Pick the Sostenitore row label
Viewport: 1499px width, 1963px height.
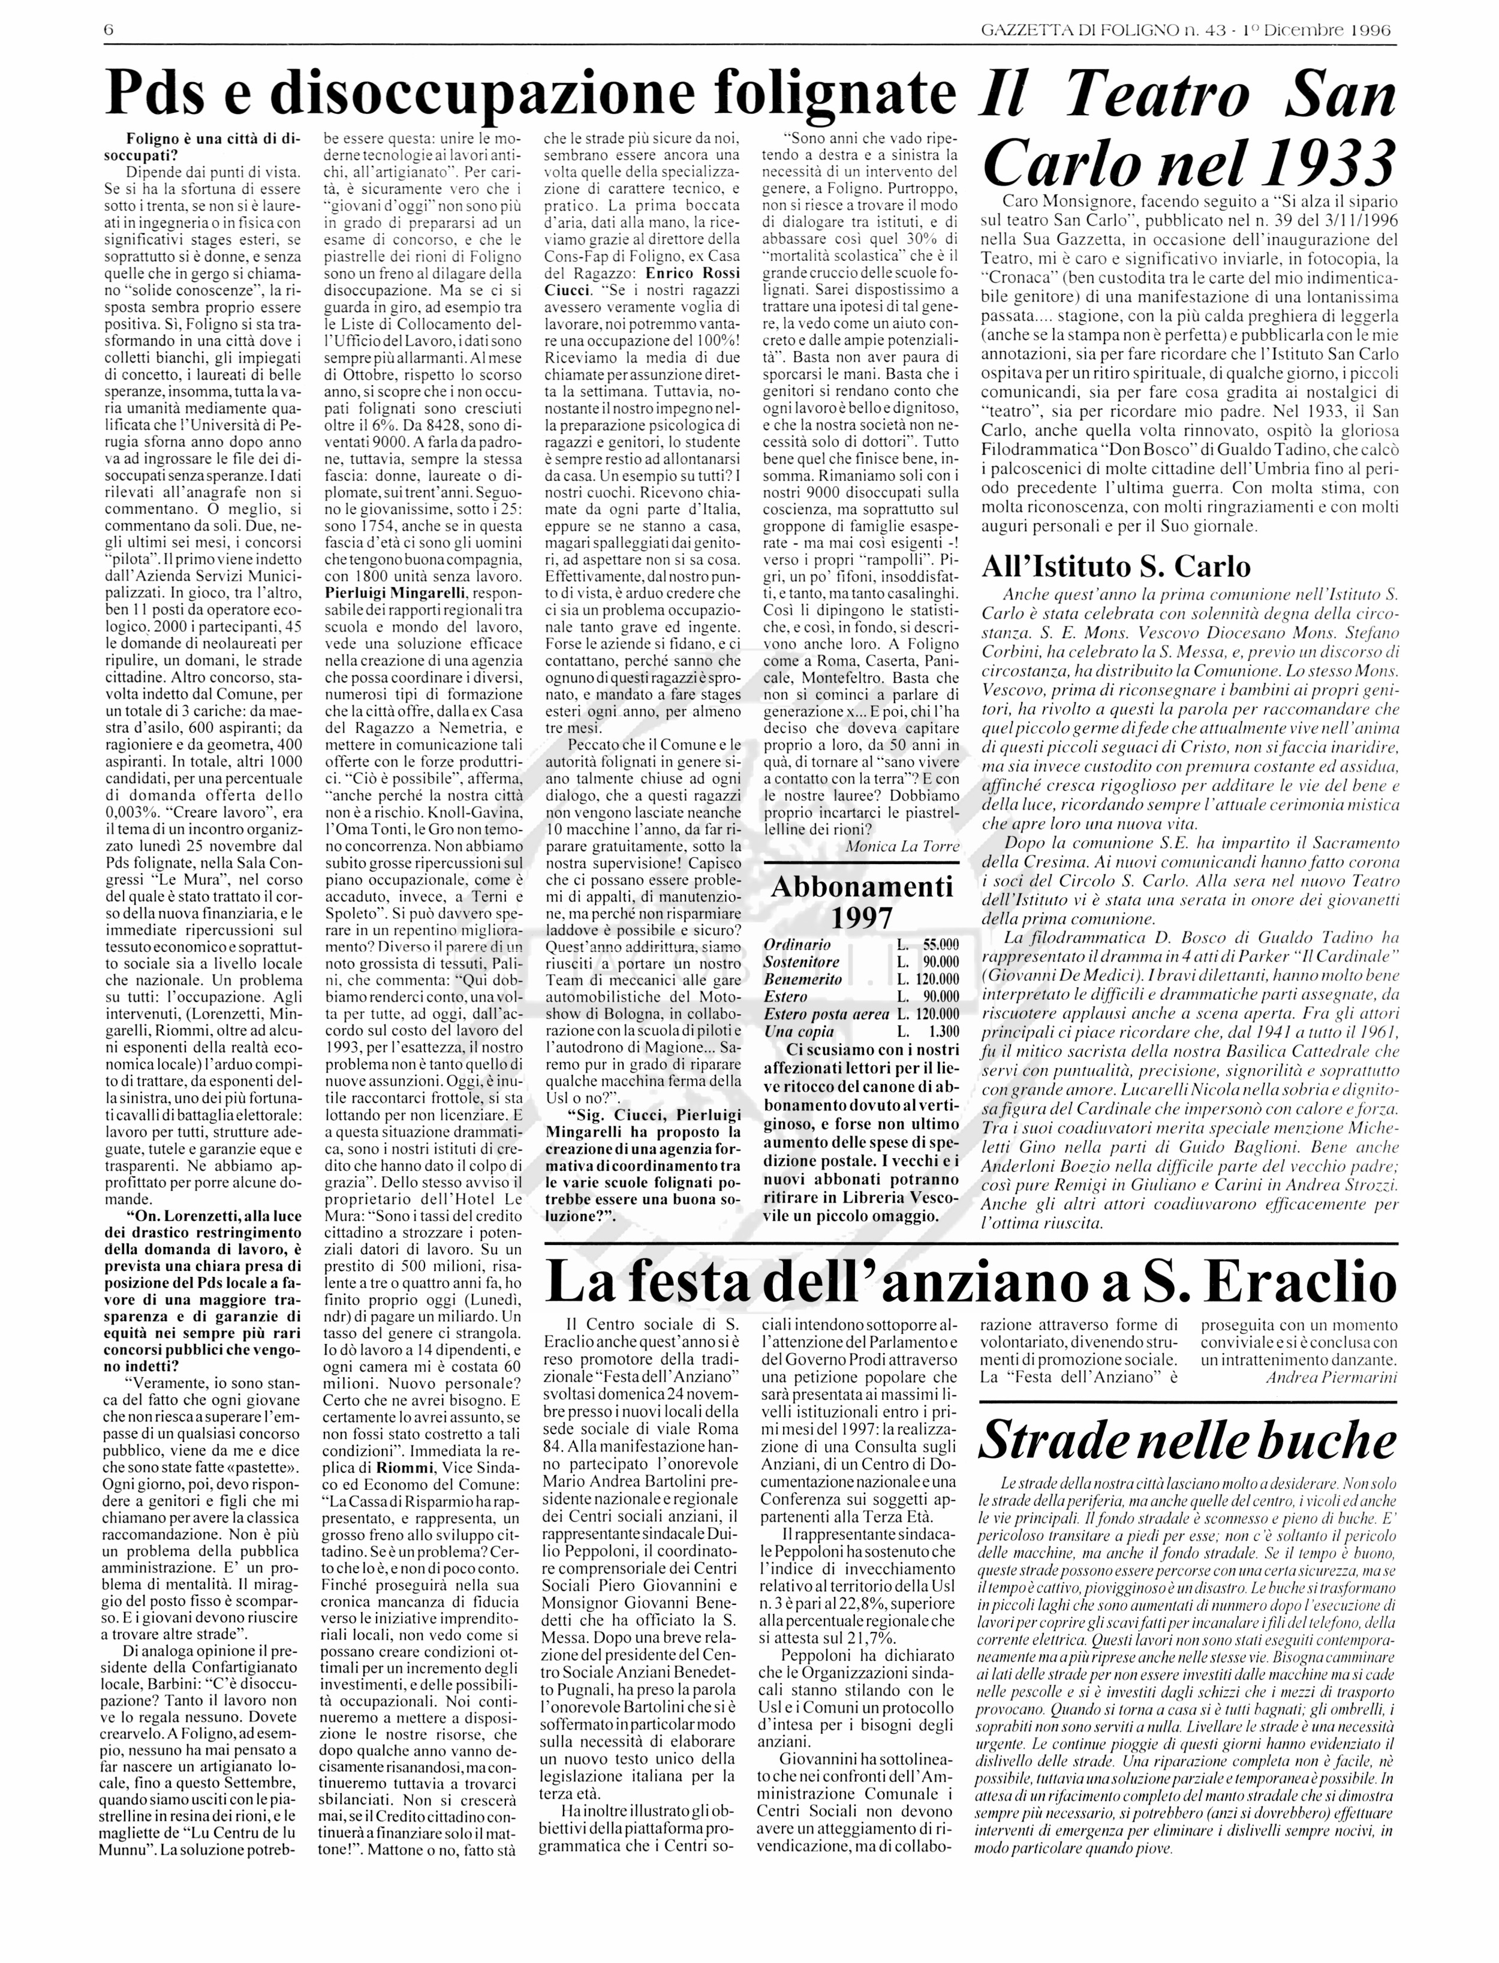(801, 962)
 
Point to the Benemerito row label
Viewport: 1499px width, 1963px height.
(802, 979)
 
